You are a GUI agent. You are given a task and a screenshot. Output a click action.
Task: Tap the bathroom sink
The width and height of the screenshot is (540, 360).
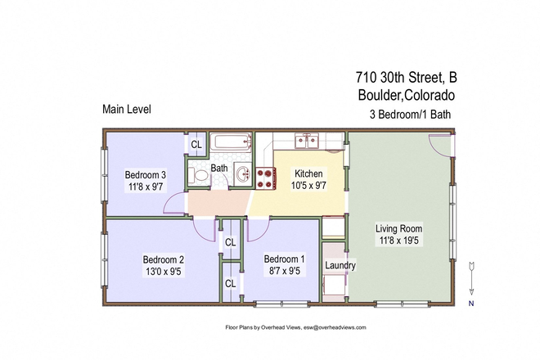coord(242,173)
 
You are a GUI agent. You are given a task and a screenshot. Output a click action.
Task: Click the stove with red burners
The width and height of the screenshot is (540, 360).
coord(266,173)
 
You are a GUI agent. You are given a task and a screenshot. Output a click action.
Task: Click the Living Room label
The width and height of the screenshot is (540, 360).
coord(402,228)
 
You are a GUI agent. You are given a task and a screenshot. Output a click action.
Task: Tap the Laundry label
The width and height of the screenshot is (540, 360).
coord(340,266)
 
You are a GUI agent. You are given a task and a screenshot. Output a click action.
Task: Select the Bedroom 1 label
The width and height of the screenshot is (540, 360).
coord(286,259)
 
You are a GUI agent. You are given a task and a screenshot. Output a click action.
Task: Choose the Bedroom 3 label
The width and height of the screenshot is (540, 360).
coord(146,174)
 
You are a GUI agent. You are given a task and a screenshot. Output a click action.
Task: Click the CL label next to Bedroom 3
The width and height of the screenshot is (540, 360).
coord(196,145)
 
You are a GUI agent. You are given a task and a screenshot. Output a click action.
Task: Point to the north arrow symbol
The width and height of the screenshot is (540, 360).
coord(473,277)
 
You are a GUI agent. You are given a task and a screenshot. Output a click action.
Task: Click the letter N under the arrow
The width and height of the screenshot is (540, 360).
coord(472,303)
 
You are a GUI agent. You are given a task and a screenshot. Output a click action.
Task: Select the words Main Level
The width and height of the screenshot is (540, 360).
coord(126,109)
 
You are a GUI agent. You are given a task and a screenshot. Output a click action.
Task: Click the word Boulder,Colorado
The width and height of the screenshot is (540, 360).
coord(406,96)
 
